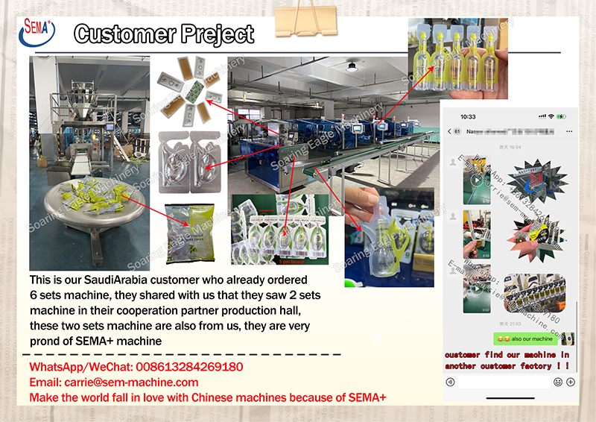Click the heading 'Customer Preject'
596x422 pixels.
point(165,34)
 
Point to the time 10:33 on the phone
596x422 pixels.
point(468,117)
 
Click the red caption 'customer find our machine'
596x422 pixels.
point(507,355)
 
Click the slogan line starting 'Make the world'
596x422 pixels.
point(208,397)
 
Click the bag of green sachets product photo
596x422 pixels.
point(190,233)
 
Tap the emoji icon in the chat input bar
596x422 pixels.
point(557,382)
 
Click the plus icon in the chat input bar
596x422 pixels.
point(570,382)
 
